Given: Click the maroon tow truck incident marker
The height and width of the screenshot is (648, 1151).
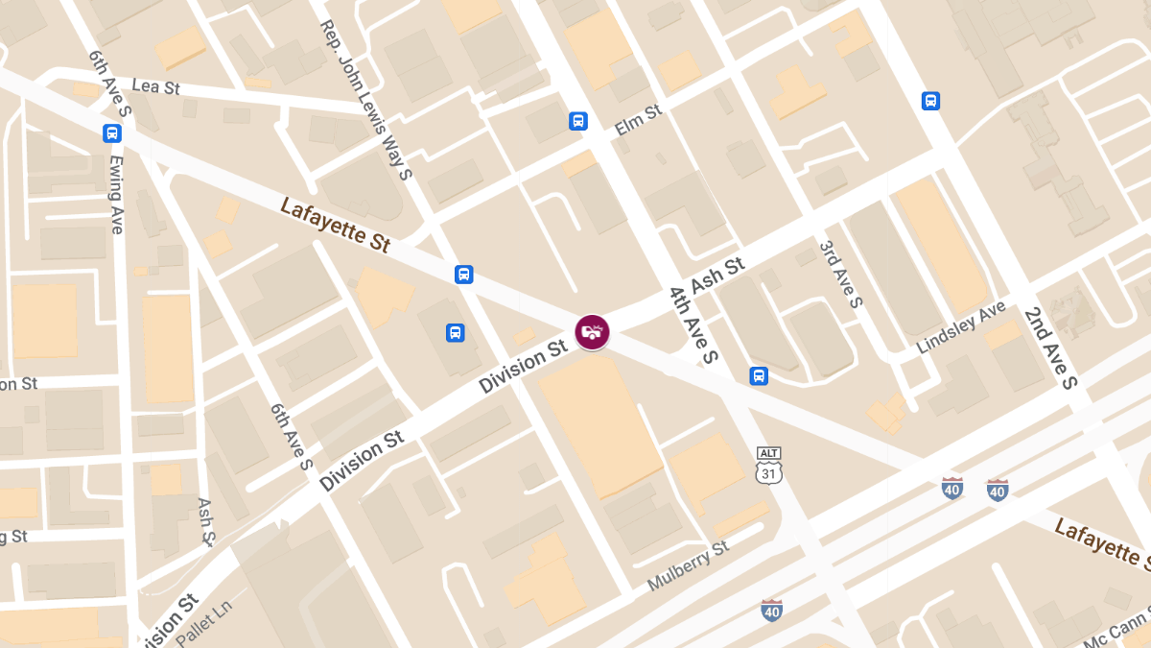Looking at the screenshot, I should tap(592, 331).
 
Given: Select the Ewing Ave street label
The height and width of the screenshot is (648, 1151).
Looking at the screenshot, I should tap(116, 194).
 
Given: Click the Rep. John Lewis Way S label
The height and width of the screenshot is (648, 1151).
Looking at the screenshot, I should tap(365, 100).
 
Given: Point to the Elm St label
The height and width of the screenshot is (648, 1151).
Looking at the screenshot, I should tap(639, 119).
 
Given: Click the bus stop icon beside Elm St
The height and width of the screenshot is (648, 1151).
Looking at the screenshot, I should tap(577, 121).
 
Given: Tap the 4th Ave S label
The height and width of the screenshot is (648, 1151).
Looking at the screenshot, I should tap(693, 324).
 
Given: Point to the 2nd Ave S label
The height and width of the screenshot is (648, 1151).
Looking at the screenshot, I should tap(1051, 348).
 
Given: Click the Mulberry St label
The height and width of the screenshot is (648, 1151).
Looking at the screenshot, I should tap(688, 565).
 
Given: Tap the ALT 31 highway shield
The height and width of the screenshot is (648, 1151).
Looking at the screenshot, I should tap(768, 465).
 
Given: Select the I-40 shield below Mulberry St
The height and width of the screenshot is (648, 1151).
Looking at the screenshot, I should tap(772, 610).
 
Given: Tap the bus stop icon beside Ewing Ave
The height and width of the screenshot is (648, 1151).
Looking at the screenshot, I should tap(112, 133).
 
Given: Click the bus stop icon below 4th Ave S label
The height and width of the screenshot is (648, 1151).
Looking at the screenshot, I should tap(759, 375).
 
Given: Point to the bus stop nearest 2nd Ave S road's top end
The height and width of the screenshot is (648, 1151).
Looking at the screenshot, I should tap(929, 101).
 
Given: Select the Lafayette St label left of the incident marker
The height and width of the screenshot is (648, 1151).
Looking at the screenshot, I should tap(335, 225).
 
